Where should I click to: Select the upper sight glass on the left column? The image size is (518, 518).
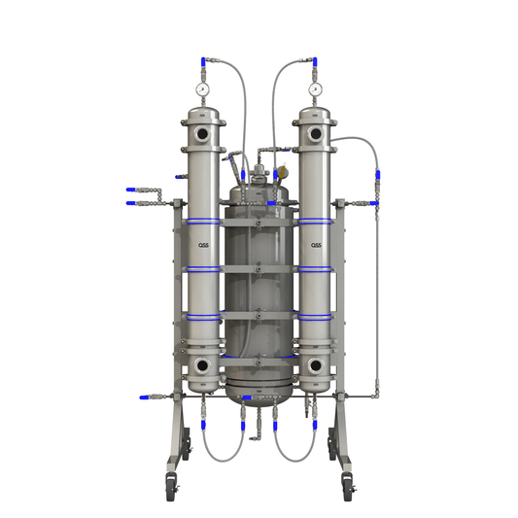click(202, 132)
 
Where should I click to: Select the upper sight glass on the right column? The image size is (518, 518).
click(316, 132)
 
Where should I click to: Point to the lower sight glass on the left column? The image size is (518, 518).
click(202, 365)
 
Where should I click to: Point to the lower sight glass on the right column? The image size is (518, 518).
click(316, 365)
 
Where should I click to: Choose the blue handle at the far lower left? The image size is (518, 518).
click(142, 397)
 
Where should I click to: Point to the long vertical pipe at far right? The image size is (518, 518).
click(375, 292)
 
